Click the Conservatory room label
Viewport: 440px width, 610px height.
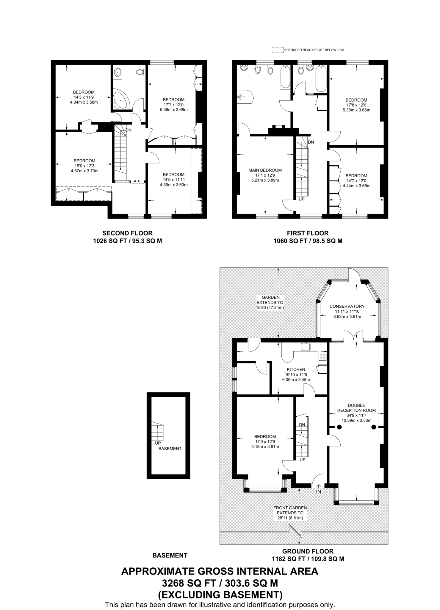pos(347,306)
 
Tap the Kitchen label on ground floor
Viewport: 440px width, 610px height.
pos(296,369)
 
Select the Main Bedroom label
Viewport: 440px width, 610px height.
pos(265,170)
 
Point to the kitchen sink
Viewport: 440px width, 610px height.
pos(306,347)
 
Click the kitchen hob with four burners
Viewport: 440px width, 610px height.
pos(322,357)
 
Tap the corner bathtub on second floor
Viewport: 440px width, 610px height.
pos(120,100)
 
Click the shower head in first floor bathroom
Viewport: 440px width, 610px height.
pos(241,97)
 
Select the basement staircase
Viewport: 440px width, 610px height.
pos(158,431)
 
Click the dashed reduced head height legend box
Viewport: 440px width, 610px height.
pos(277,50)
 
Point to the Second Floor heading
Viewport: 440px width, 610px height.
pos(127,233)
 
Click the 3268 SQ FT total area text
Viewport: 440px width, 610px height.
pos(220,583)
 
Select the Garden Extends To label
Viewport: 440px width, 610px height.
pos(270,302)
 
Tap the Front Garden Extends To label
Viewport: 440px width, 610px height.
pos(290,513)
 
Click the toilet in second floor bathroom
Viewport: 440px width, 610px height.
pos(140,72)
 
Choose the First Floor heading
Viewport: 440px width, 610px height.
pos(308,233)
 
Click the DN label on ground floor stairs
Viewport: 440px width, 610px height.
pos(302,425)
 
